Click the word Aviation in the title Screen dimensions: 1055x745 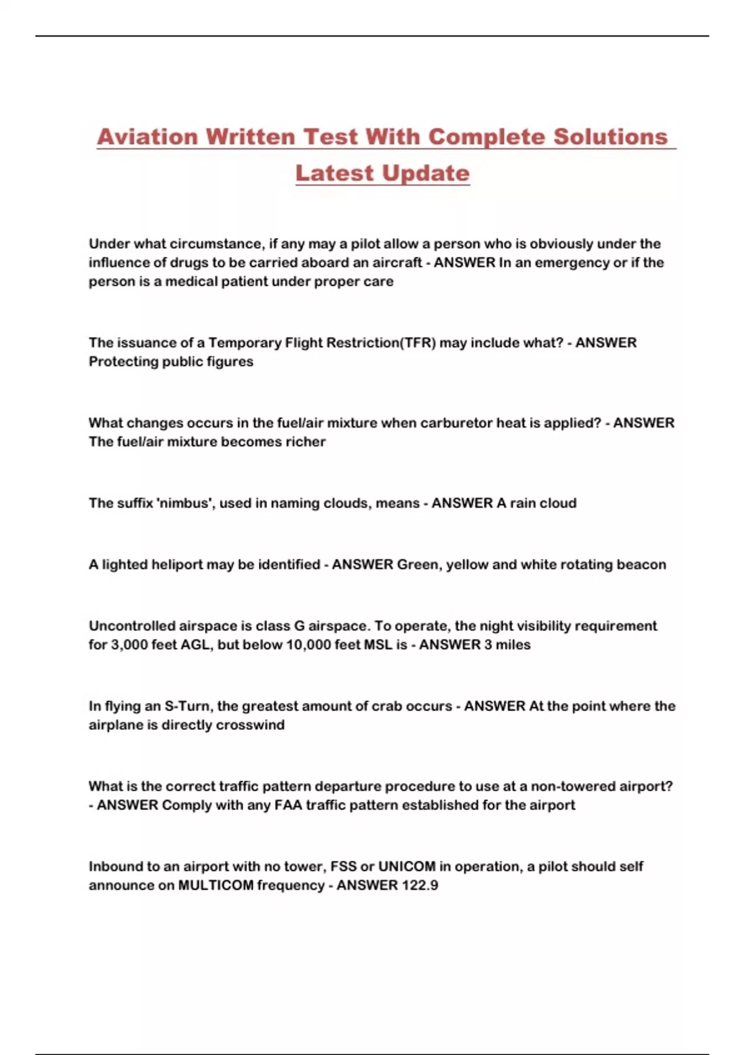coord(147,137)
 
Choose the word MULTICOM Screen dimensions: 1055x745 coord(215,885)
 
